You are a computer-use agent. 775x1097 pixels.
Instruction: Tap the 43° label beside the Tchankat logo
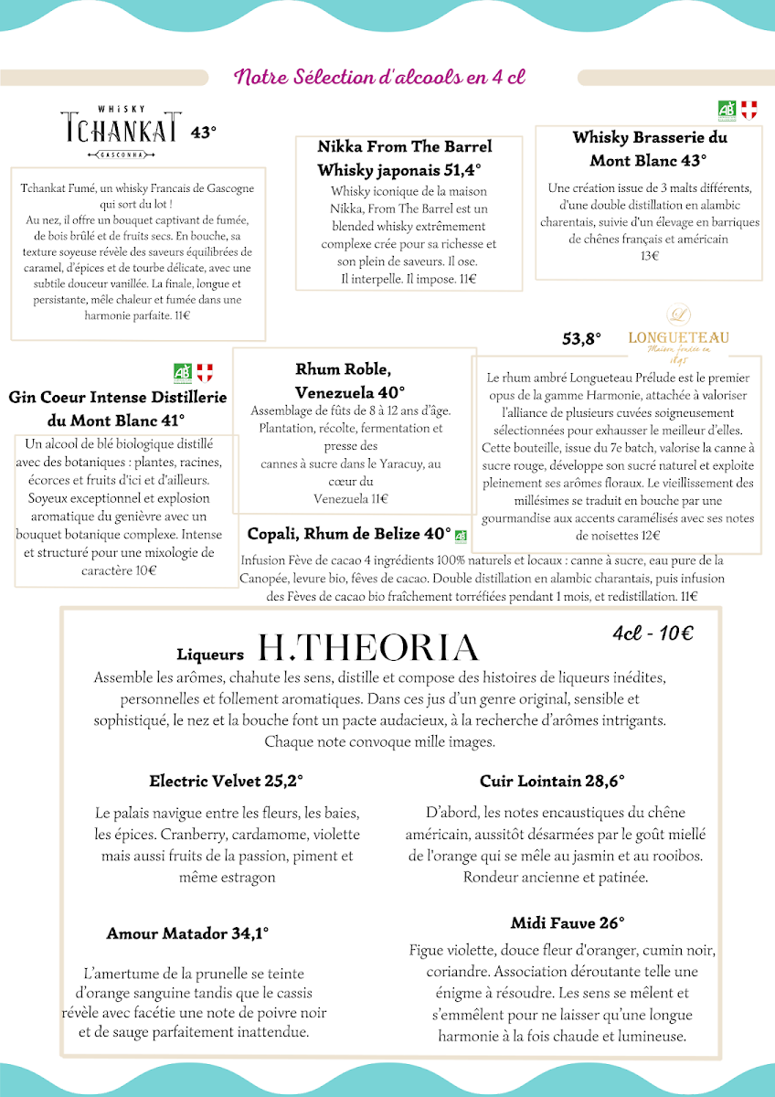click(x=204, y=133)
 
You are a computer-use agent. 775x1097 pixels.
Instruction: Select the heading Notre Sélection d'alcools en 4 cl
click(x=379, y=77)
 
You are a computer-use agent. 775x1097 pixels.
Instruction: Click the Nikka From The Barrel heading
click(x=404, y=146)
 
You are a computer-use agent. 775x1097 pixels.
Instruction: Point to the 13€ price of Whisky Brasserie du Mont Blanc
click(x=650, y=256)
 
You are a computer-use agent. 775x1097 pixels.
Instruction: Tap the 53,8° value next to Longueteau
click(x=581, y=339)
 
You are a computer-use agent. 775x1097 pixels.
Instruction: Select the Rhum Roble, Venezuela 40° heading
click(x=350, y=380)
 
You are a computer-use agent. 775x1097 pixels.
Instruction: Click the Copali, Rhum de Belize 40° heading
click(x=349, y=534)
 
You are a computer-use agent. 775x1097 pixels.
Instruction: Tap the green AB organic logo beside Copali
click(x=461, y=537)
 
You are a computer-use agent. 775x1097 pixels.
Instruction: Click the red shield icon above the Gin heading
click(x=205, y=372)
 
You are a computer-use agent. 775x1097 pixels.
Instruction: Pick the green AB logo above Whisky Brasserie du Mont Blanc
click(x=727, y=110)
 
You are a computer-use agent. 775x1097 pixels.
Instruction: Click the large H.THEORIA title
click(x=369, y=648)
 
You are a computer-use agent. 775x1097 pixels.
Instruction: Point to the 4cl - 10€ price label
click(x=653, y=634)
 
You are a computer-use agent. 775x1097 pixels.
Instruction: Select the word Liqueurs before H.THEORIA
click(x=210, y=655)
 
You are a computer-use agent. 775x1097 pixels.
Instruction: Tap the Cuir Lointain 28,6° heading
click(x=552, y=781)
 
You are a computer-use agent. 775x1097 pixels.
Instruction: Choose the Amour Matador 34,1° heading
click(x=187, y=933)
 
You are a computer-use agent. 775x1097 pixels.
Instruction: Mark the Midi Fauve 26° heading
click(x=568, y=922)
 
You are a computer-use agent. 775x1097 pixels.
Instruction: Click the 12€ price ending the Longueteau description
click(x=651, y=536)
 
